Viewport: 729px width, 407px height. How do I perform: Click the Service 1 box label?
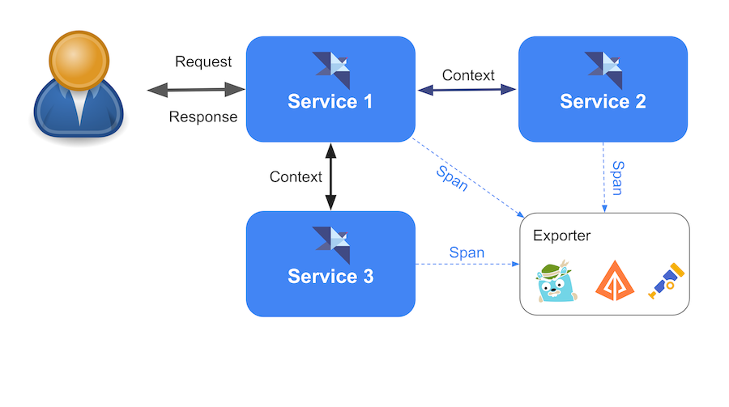coord(330,102)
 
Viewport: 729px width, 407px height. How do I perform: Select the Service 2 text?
coord(603,102)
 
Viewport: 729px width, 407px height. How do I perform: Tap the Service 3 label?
coord(330,277)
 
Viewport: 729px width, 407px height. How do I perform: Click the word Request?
coord(203,61)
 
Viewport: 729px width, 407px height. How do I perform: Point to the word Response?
coord(203,117)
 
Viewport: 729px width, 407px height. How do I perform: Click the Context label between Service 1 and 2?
coord(468,75)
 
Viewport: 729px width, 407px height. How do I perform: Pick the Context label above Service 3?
coord(296,176)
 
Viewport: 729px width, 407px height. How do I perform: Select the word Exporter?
coord(562,235)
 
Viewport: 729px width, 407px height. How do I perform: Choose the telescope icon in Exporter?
coord(667,280)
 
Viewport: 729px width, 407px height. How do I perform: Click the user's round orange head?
coord(79,58)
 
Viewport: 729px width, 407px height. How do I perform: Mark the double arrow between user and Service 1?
coord(196,89)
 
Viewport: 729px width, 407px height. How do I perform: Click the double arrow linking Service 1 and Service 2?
coord(467,90)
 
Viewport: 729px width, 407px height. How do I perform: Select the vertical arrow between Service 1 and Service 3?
coord(330,177)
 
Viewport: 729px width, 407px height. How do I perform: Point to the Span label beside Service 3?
coord(467,252)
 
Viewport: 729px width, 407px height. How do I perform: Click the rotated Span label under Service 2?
coord(617,178)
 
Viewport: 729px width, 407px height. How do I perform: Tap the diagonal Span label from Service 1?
coord(451,178)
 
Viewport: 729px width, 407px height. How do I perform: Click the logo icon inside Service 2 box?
coord(603,70)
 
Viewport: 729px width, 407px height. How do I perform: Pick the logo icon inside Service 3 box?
coord(330,244)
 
